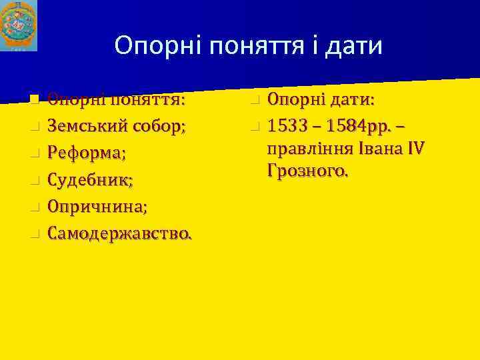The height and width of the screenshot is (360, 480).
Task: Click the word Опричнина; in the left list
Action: coord(97,207)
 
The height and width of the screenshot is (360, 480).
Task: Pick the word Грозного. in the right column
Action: coord(307,171)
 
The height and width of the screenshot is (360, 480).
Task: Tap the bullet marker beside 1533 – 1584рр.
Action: coord(255,127)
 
